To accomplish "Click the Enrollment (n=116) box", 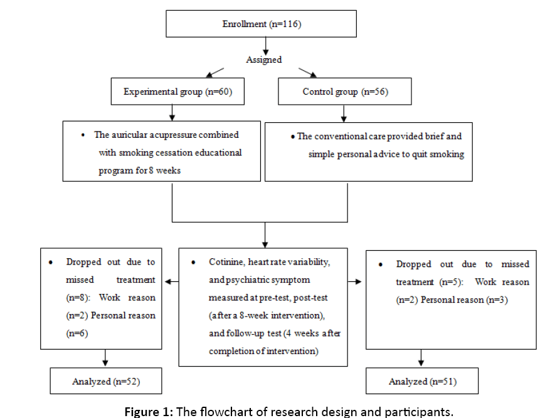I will pos(261,24).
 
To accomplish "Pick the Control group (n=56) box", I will pos(345,91).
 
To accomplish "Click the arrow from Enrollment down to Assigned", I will pos(265,45).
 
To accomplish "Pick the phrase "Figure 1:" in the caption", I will pos(150,412).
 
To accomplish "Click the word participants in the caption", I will pos(421,412).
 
